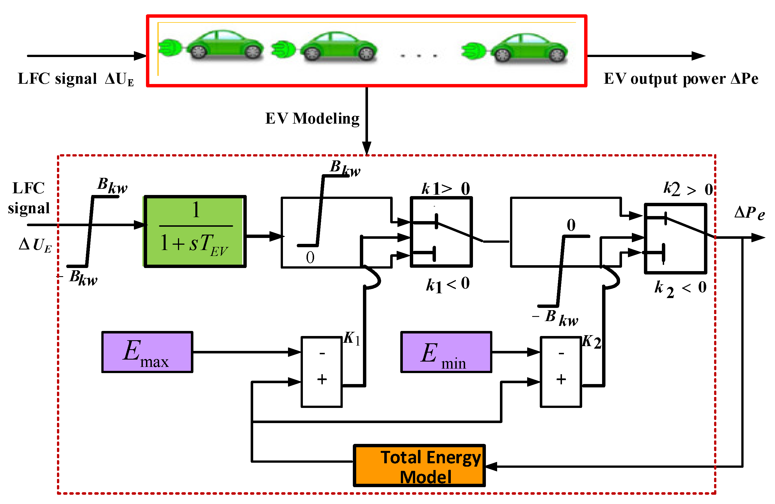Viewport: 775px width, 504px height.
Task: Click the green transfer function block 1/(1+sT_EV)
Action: [x=195, y=231]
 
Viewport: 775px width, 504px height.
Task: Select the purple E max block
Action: [x=147, y=352]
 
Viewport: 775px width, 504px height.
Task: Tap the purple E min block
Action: [x=446, y=352]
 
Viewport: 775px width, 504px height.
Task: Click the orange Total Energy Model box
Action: [x=419, y=466]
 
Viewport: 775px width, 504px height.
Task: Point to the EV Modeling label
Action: [x=312, y=119]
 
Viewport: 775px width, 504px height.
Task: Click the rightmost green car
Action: [x=529, y=48]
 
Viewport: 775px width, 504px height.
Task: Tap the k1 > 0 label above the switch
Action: [x=445, y=189]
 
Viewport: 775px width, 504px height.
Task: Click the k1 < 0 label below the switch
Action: [x=448, y=284]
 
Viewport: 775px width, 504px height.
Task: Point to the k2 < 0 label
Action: [x=680, y=289]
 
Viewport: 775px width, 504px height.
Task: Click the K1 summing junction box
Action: [x=321, y=372]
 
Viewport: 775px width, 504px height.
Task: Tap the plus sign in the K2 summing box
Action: [x=561, y=380]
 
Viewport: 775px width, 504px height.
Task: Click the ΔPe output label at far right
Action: [x=749, y=214]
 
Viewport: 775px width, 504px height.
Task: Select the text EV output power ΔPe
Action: [x=681, y=79]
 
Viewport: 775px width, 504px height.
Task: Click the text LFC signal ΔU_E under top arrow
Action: [x=76, y=79]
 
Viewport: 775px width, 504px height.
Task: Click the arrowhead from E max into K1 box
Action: [x=295, y=352]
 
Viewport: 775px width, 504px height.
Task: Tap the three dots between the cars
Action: [x=419, y=56]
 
